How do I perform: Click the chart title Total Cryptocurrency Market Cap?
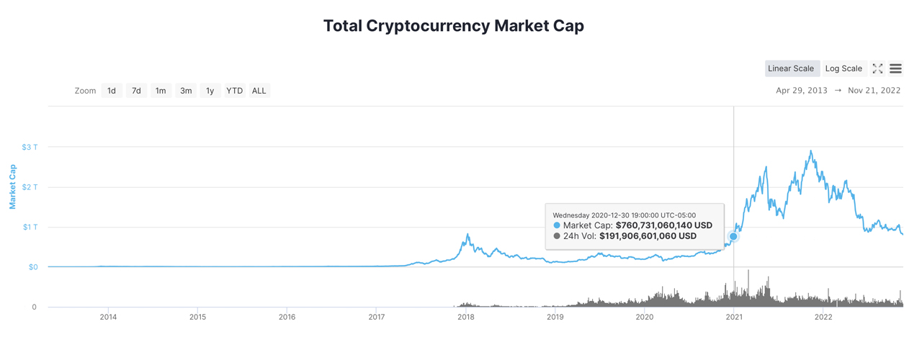coord(453,26)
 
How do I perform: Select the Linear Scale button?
coord(791,68)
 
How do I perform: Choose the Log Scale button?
coord(843,68)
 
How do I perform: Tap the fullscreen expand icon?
coord(877,68)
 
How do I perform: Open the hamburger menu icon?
coord(895,68)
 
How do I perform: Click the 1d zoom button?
coord(112,91)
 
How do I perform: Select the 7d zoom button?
coord(136,91)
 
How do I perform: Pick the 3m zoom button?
coord(186,91)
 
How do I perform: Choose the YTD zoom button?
coord(234,91)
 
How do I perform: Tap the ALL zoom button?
coord(259,91)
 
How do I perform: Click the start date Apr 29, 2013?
coord(801,91)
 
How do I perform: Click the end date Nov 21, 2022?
coord(874,91)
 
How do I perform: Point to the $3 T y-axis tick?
coord(30,147)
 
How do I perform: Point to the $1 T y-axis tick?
coord(30,228)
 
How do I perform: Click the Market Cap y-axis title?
coord(12,186)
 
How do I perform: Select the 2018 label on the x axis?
coord(465,317)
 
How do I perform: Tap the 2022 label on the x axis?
coord(823,317)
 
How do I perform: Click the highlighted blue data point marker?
coord(733,236)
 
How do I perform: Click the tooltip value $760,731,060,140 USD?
coord(663,225)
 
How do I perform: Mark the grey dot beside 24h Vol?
coord(557,236)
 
